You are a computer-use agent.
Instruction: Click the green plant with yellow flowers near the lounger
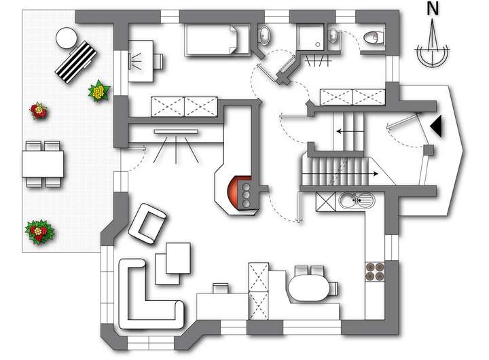point(99,90)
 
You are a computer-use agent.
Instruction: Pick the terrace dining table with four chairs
point(43,164)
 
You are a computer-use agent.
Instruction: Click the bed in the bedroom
point(212,38)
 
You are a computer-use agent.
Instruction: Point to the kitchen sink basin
point(350,200)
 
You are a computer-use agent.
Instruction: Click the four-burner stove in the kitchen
point(375,272)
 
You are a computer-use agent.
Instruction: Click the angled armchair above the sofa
point(147,223)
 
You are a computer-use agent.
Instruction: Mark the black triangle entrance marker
point(435,126)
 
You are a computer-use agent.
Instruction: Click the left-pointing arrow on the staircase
point(349,132)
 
